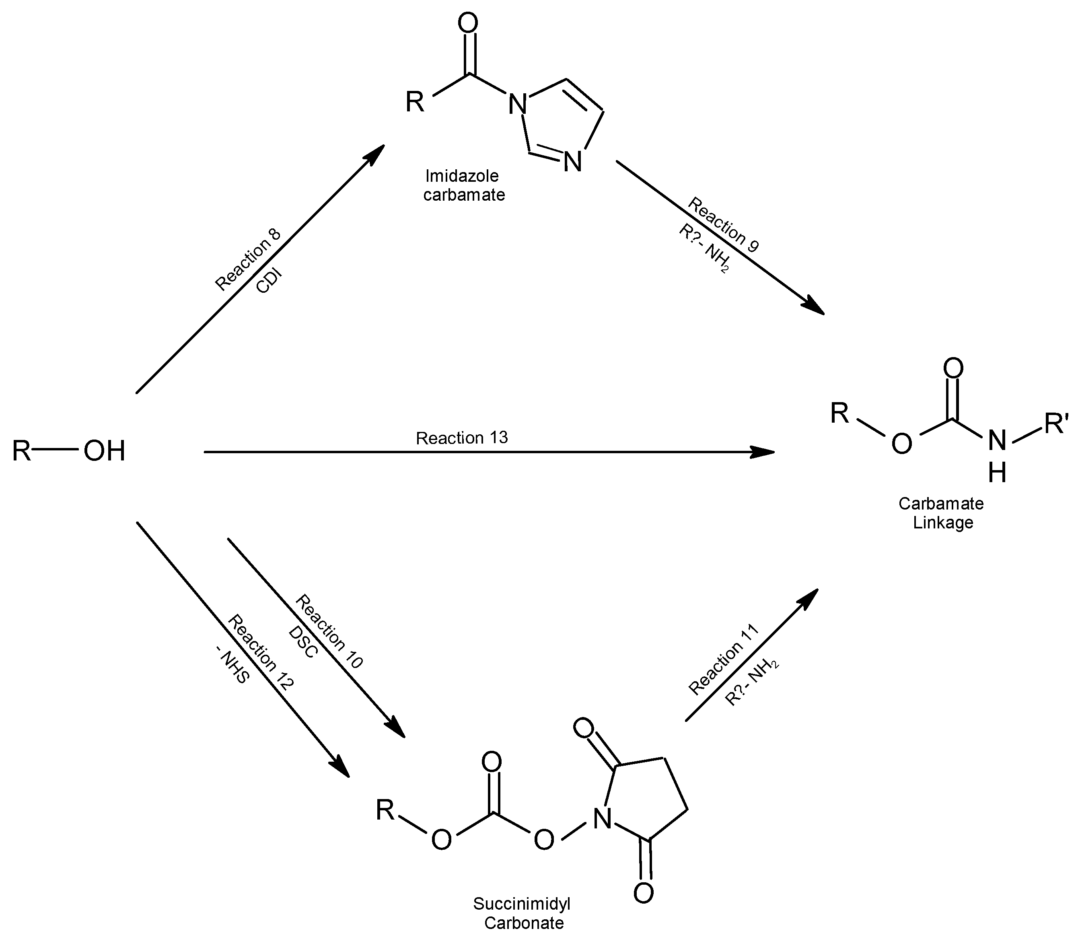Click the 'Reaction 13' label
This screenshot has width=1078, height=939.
pyautogui.click(x=462, y=438)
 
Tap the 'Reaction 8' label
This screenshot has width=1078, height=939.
pyautogui.click(x=248, y=260)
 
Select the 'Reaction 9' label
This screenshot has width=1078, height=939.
pyautogui.click(x=723, y=225)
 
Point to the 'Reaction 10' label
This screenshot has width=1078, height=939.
pyautogui.click(x=329, y=631)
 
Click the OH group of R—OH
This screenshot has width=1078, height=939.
pyautogui.click(x=104, y=451)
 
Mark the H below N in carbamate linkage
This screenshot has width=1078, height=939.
pyautogui.click(x=997, y=473)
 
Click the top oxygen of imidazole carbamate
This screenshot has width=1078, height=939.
pyautogui.click(x=467, y=24)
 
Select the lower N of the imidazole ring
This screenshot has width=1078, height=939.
pyautogui.click(x=573, y=161)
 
